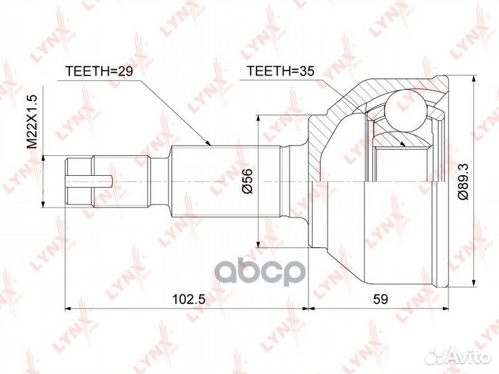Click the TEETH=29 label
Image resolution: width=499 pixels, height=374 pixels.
(x=98, y=71)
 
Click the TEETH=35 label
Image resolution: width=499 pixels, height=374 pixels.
(x=281, y=71)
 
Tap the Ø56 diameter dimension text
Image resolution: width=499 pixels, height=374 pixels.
(x=247, y=181)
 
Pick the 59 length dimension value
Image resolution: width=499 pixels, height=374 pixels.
(x=380, y=299)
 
